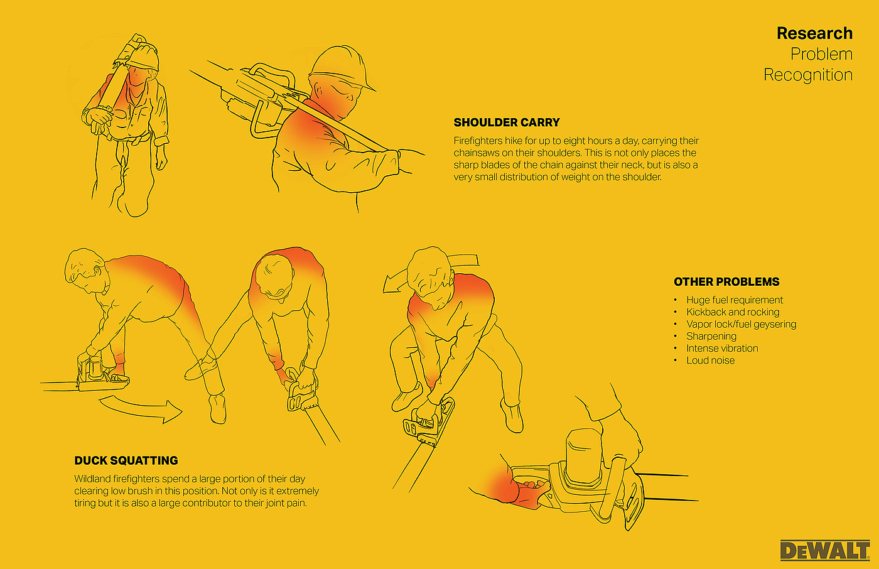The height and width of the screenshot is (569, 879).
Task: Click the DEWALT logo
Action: pyautogui.click(x=825, y=550)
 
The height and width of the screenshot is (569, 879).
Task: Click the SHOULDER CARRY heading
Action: pyautogui.click(x=507, y=122)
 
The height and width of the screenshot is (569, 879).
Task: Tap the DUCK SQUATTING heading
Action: pyautogui.click(x=126, y=460)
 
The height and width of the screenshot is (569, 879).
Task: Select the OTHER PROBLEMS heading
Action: pyautogui.click(x=726, y=282)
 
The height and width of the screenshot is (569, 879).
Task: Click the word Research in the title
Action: pyautogui.click(x=815, y=33)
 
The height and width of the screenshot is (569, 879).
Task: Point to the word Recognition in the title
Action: pyautogui.click(x=808, y=75)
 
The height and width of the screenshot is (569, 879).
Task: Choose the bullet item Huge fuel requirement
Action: pyautogui.click(x=735, y=300)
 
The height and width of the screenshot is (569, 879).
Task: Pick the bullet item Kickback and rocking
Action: pyautogui.click(x=733, y=312)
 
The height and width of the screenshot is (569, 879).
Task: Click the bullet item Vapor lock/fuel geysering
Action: pyautogui.click(x=741, y=325)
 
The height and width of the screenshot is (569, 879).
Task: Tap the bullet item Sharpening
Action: pyautogui.click(x=711, y=336)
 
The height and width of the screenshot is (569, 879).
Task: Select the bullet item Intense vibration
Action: pyautogui.click(x=722, y=349)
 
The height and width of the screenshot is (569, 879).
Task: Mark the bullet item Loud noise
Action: pyautogui.click(x=710, y=360)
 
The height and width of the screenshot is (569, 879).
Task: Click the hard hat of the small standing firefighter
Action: pyautogui.click(x=144, y=57)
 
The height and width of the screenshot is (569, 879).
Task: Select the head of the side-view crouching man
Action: pyautogui.click(x=84, y=271)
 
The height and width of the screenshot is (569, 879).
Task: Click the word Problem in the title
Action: pyautogui.click(x=821, y=55)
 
